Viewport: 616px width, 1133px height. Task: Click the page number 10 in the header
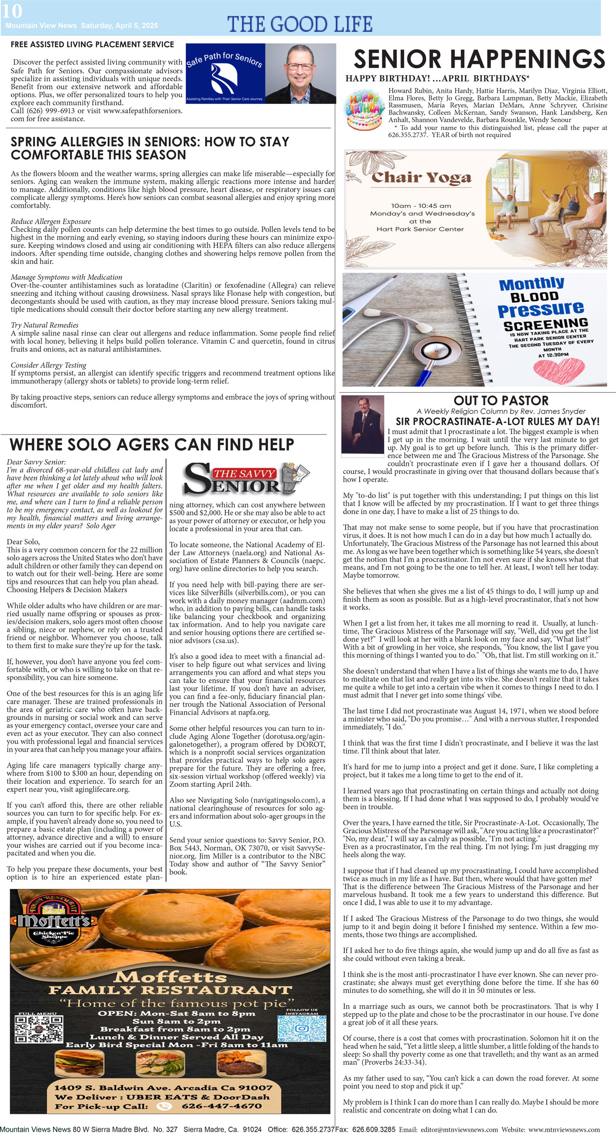(x=12, y=11)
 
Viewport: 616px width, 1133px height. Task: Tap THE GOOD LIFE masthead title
(x=300, y=24)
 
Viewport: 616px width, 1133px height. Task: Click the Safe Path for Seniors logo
(x=225, y=74)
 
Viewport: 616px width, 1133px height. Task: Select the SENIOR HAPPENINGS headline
(x=479, y=59)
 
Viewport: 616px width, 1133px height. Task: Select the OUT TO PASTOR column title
(x=501, y=401)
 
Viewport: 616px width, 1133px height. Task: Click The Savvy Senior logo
(x=246, y=478)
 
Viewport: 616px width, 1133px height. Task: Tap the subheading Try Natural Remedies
(x=45, y=325)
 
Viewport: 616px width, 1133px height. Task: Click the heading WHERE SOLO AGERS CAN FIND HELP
(x=152, y=445)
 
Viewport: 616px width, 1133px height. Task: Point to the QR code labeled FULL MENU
(x=38, y=1029)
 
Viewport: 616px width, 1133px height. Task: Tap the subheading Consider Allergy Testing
(x=49, y=365)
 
